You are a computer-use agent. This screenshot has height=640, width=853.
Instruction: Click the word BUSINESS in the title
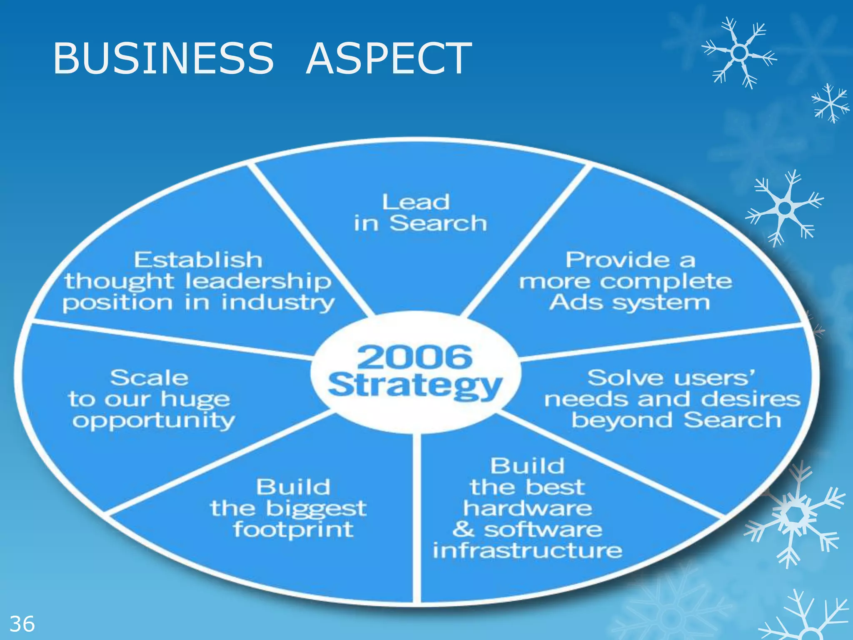click(x=163, y=58)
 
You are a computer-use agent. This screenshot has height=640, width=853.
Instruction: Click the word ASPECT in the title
click(x=389, y=58)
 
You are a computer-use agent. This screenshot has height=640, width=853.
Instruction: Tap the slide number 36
click(x=22, y=624)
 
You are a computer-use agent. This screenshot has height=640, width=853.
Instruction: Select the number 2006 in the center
click(x=414, y=357)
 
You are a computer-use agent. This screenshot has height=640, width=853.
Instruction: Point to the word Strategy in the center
click(x=415, y=385)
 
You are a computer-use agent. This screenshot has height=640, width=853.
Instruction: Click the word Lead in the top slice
click(x=416, y=202)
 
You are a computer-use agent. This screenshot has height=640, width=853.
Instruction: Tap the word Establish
click(x=198, y=260)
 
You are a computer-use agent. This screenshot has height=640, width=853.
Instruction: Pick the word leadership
click(x=258, y=281)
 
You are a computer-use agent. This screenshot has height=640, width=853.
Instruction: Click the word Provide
click(x=618, y=260)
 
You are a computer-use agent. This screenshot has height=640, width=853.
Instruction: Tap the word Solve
click(x=617, y=378)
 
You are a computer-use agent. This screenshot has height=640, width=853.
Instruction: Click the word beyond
click(x=621, y=420)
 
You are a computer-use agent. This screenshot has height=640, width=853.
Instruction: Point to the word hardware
click(x=527, y=508)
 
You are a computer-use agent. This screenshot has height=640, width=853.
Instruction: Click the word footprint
click(x=293, y=530)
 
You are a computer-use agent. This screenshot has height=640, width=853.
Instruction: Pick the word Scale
click(x=149, y=378)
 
